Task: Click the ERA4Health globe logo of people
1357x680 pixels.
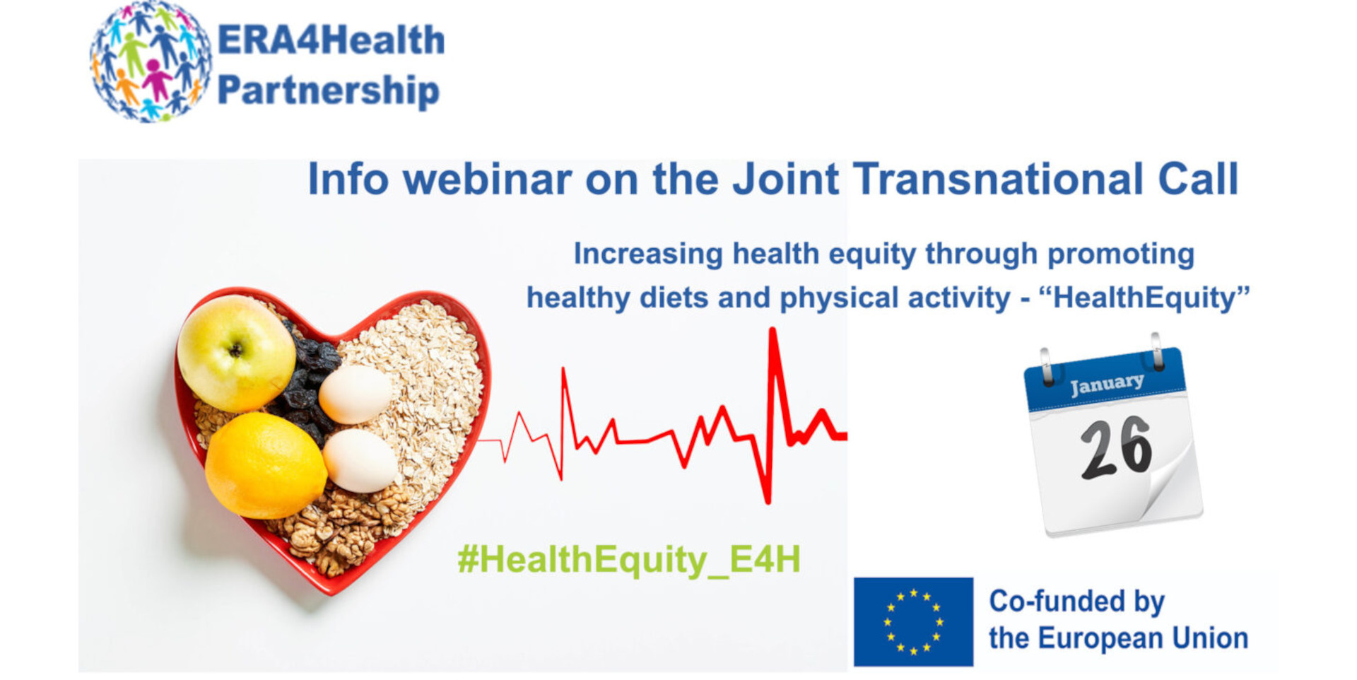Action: click(x=151, y=62)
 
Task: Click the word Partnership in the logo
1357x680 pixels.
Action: click(x=329, y=91)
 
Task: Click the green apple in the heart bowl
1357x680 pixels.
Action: click(x=236, y=353)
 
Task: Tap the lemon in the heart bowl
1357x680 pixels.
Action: click(x=266, y=465)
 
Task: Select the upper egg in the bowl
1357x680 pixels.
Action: click(x=355, y=394)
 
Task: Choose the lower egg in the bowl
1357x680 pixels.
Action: click(x=360, y=460)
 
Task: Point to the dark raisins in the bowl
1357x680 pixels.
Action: click(x=307, y=382)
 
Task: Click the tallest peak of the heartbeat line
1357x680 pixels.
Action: click(x=773, y=330)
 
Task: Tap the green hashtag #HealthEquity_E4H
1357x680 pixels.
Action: click(x=629, y=559)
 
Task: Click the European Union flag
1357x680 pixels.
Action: click(x=913, y=621)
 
